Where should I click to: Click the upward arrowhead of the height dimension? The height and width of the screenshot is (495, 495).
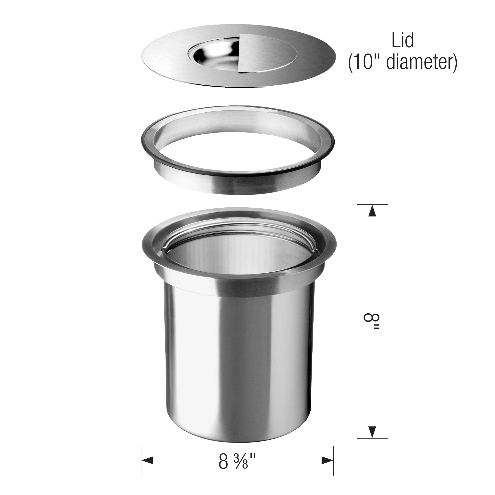coord(372,212)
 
